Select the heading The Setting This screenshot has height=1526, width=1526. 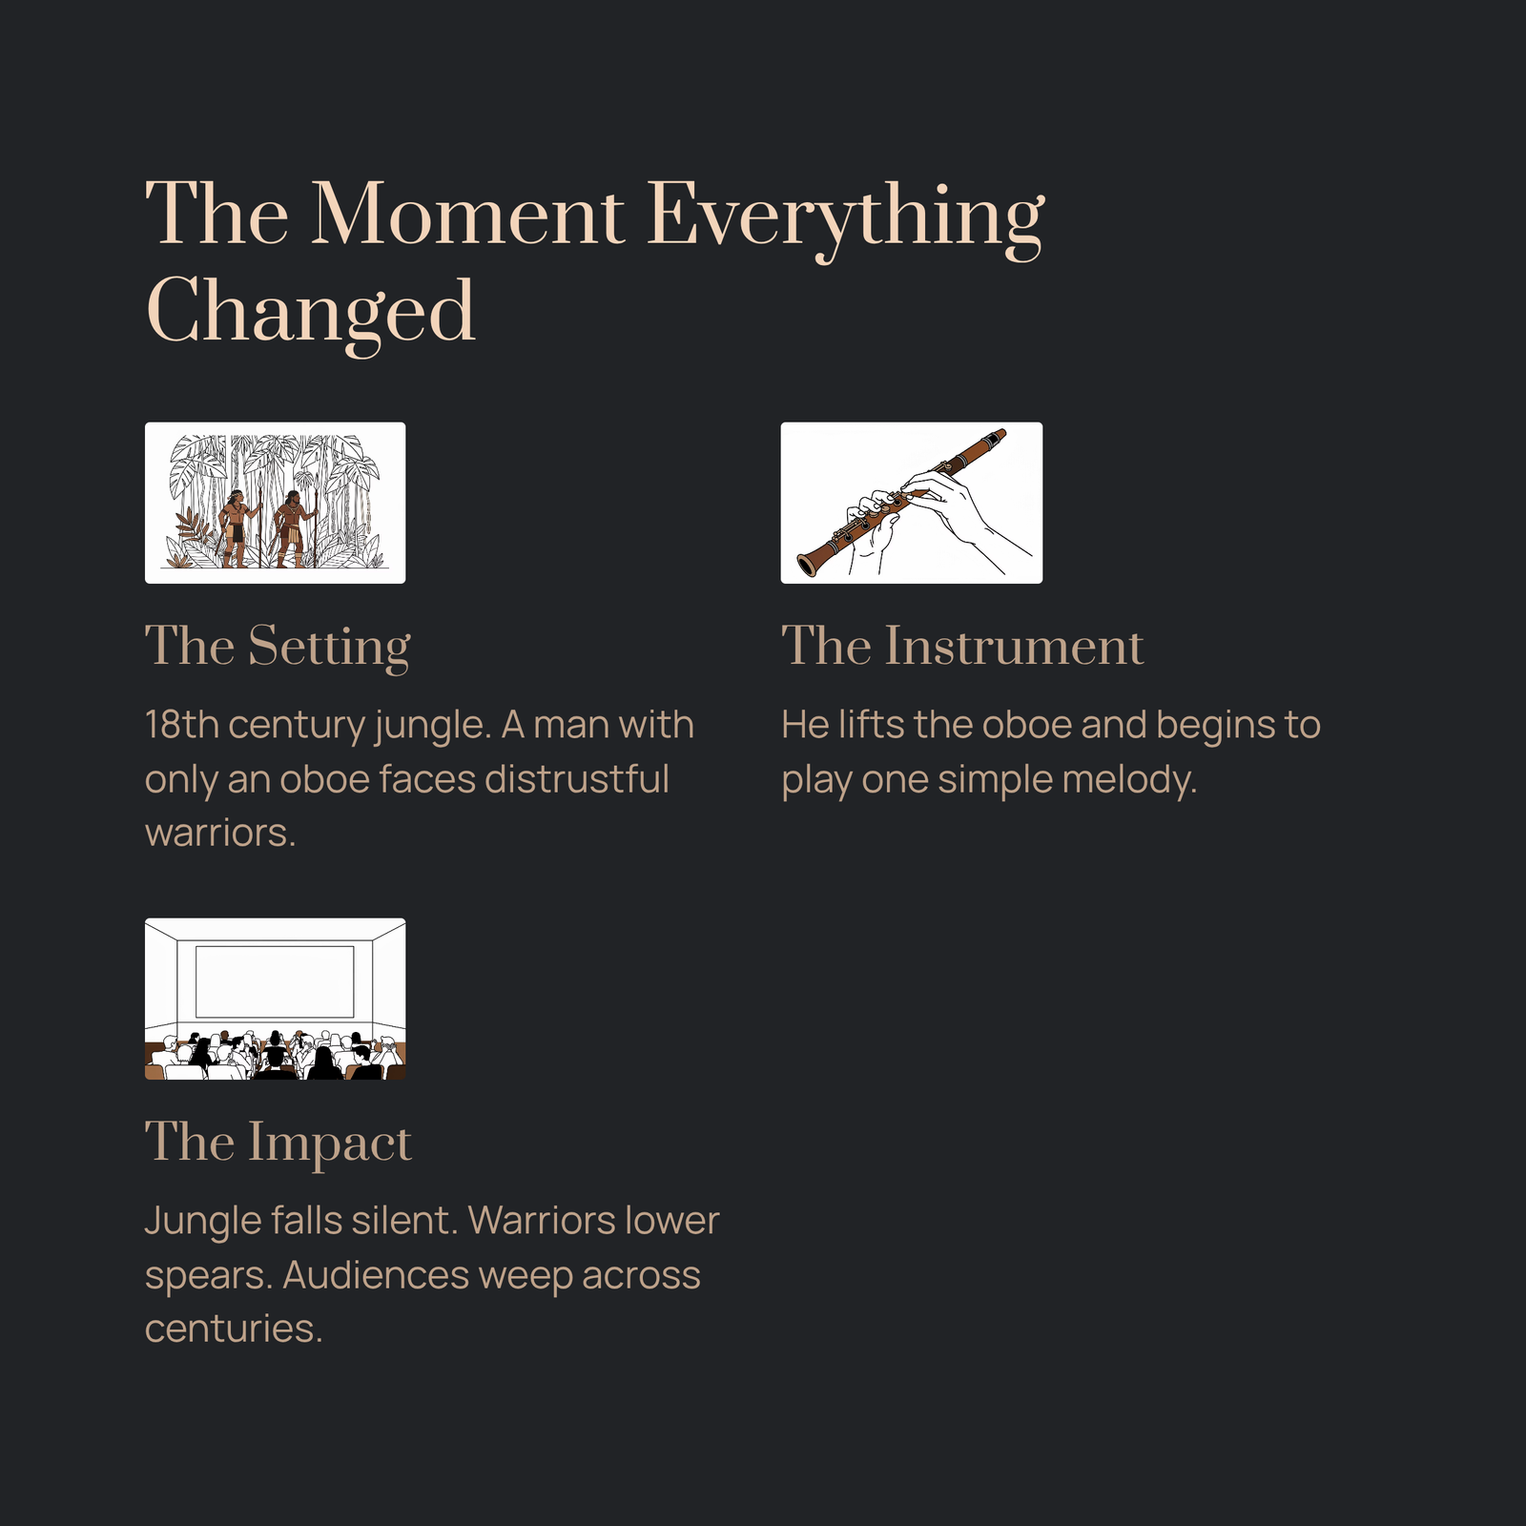(278, 648)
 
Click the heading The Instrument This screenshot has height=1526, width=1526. (961, 646)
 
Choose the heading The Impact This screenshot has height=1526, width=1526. (278, 1144)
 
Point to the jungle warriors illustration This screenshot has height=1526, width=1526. (275, 503)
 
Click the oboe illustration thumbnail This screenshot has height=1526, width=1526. (911, 503)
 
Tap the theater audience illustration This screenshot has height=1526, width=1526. (275, 999)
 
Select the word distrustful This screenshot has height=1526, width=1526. (576, 779)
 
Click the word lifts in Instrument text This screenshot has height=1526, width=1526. (871, 725)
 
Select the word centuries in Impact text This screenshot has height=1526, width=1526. (234, 1329)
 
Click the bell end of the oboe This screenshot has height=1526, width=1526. (809, 564)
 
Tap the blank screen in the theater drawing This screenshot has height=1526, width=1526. (275, 981)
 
